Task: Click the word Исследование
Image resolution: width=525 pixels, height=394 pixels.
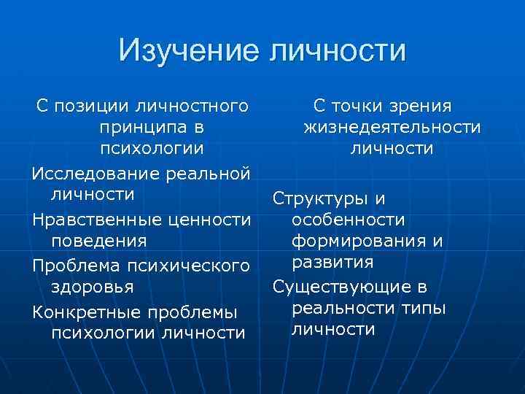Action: pyautogui.click(x=95, y=174)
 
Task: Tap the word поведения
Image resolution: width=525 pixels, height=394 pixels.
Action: pyautogui.click(x=99, y=240)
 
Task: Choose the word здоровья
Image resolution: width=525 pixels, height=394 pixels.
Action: pyautogui.click(x=92, y=286)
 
